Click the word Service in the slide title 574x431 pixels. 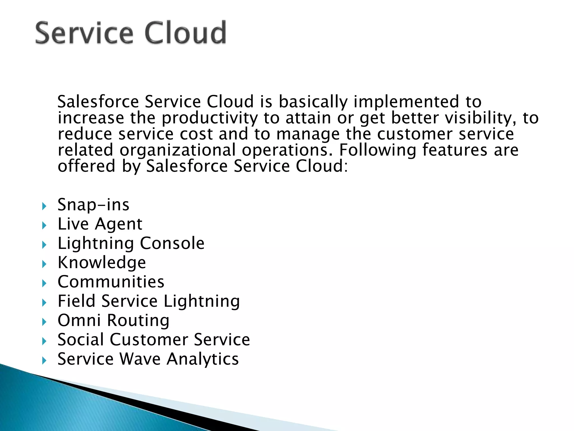point(84,33)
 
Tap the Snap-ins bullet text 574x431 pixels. point(93,205)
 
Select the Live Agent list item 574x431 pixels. point(100,224)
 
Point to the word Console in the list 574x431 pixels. point(172,243)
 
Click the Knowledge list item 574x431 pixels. point(101,263)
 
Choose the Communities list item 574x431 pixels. point(111,282)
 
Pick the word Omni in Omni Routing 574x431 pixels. point(79,320)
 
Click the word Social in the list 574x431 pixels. point(81,340)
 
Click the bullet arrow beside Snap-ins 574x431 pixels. point(44,207)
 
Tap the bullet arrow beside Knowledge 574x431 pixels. point(44,264)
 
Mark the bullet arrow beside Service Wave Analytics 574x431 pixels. point(44,361)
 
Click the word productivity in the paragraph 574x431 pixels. point(209,118)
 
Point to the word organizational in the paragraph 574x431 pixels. point(178,150)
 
